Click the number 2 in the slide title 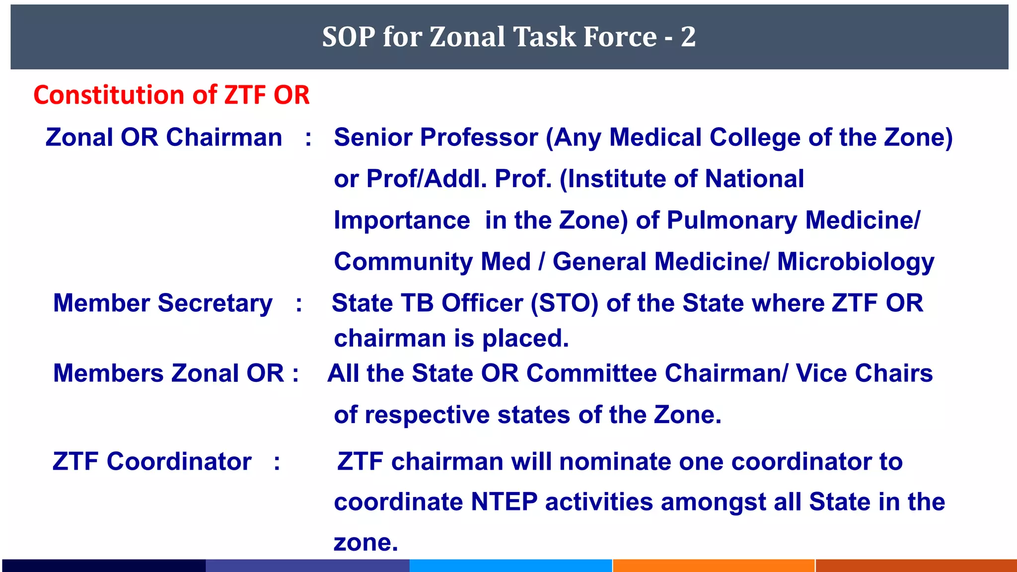[688, 37]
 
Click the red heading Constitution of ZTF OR [171, 95]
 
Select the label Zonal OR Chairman [164, 138]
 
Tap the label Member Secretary [163, 303]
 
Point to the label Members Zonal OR [169, 373]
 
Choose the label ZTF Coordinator [152, 461]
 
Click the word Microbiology [856, 262]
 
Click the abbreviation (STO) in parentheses [565, 303]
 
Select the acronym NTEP [504, 501]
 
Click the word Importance [402, 220]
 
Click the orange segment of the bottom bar [714, 566]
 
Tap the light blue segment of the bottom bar [510, 566]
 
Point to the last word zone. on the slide [366, 543]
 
